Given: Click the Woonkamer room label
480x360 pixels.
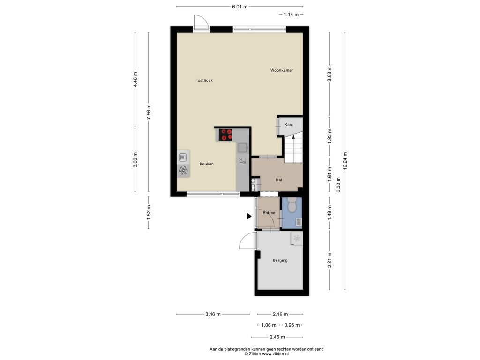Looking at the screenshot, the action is (282, 70).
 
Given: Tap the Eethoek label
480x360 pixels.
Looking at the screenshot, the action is (205, 81).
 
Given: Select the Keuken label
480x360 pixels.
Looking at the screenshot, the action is (207, 164).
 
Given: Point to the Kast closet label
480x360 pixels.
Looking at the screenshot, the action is (289, 125).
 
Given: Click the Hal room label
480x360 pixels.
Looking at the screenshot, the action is (278, 180).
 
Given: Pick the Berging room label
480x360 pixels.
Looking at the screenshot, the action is (280, 261).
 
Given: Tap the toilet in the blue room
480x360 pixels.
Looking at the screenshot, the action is (292, 205).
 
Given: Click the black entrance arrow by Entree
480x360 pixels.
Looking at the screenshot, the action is (249, 217).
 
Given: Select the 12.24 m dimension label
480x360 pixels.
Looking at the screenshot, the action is (345, 161).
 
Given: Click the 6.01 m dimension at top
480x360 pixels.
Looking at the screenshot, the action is (240, 7).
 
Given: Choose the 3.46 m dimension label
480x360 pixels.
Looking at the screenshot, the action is (213, 314).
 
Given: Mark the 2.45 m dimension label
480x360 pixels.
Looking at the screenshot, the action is (277, 337).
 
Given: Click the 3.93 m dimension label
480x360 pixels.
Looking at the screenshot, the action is (330, 74).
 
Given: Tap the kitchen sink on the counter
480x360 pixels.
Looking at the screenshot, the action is (243, 148).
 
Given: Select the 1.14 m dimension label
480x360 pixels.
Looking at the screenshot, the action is (291, 15).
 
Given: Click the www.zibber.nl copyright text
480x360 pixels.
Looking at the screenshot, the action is (266, 354).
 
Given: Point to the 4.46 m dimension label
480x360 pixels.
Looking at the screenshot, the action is (135, 80).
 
